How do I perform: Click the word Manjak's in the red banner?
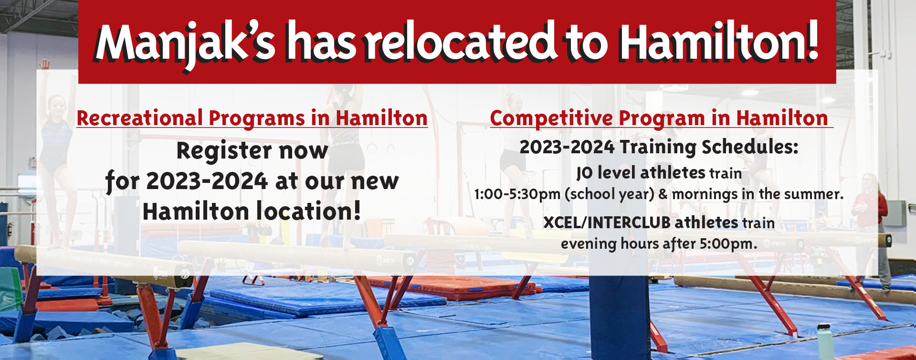click(185, 43)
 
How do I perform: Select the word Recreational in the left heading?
click(140, 118)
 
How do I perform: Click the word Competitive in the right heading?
click(551, 118)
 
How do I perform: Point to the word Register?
click(224, 151)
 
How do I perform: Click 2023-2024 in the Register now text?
click(207, 181)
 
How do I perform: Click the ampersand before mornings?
click(663, 194)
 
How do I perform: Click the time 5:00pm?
click(728, 244)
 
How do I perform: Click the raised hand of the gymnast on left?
click(44, 64)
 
